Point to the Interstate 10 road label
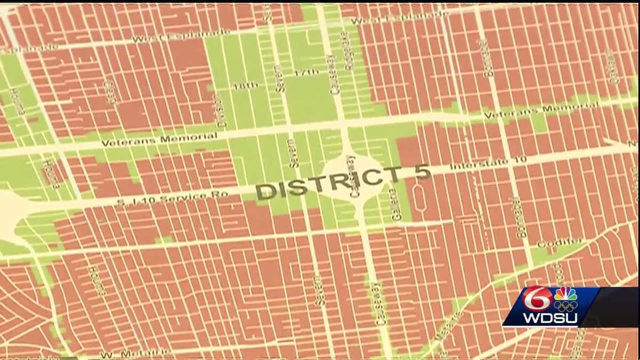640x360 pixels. pos(489,162)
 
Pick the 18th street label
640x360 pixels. pos(245,85)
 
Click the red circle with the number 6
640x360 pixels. pos(537,299)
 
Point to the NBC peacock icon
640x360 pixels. pos(566,294)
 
